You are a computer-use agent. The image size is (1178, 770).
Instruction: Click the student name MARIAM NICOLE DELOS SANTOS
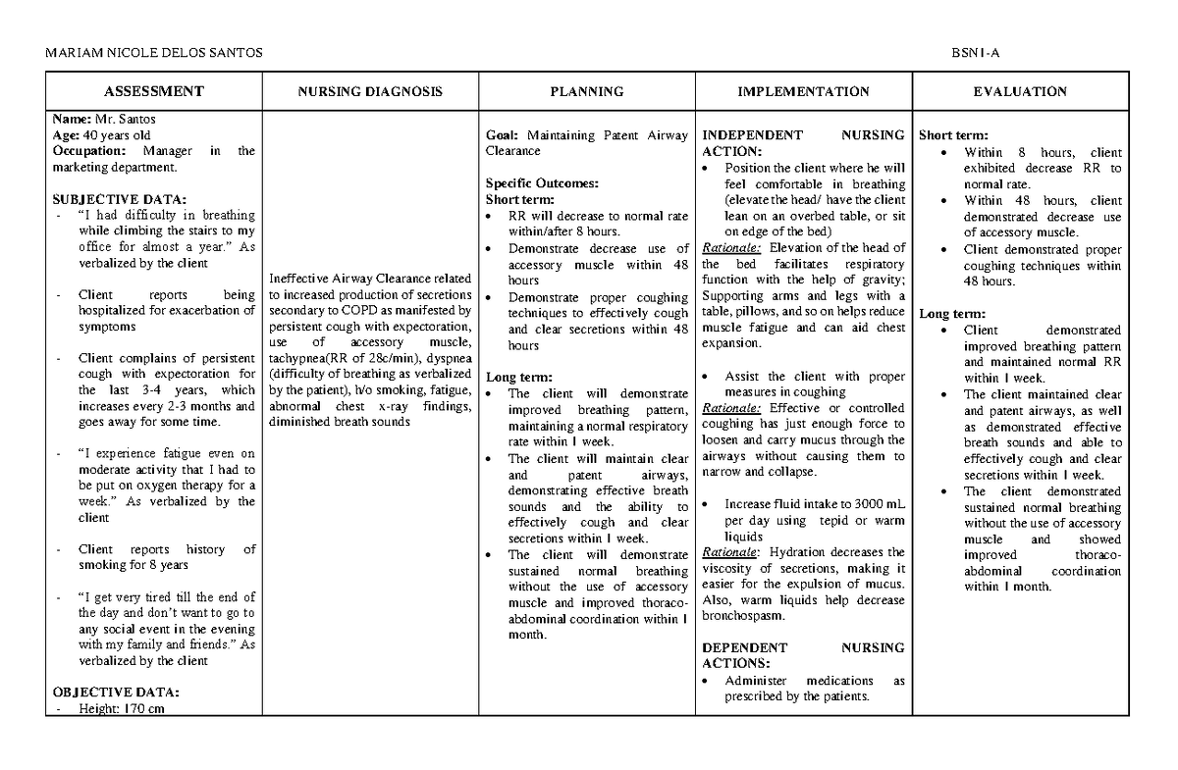[x=154, y=52]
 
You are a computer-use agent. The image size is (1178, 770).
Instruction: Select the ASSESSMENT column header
[x=154, y=91]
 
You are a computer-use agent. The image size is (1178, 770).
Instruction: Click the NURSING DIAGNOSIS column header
[x=370, y=91]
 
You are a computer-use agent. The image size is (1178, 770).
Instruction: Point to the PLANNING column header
[x=586, y=91]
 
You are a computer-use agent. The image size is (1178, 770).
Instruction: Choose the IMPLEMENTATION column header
[x=803, y=91]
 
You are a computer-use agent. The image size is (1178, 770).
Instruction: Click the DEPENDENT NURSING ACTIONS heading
[x=803, y=655]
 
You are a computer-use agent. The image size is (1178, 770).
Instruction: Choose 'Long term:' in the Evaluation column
[x=947, y=314]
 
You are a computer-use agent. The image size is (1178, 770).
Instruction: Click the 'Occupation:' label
[x=90, y=151]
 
